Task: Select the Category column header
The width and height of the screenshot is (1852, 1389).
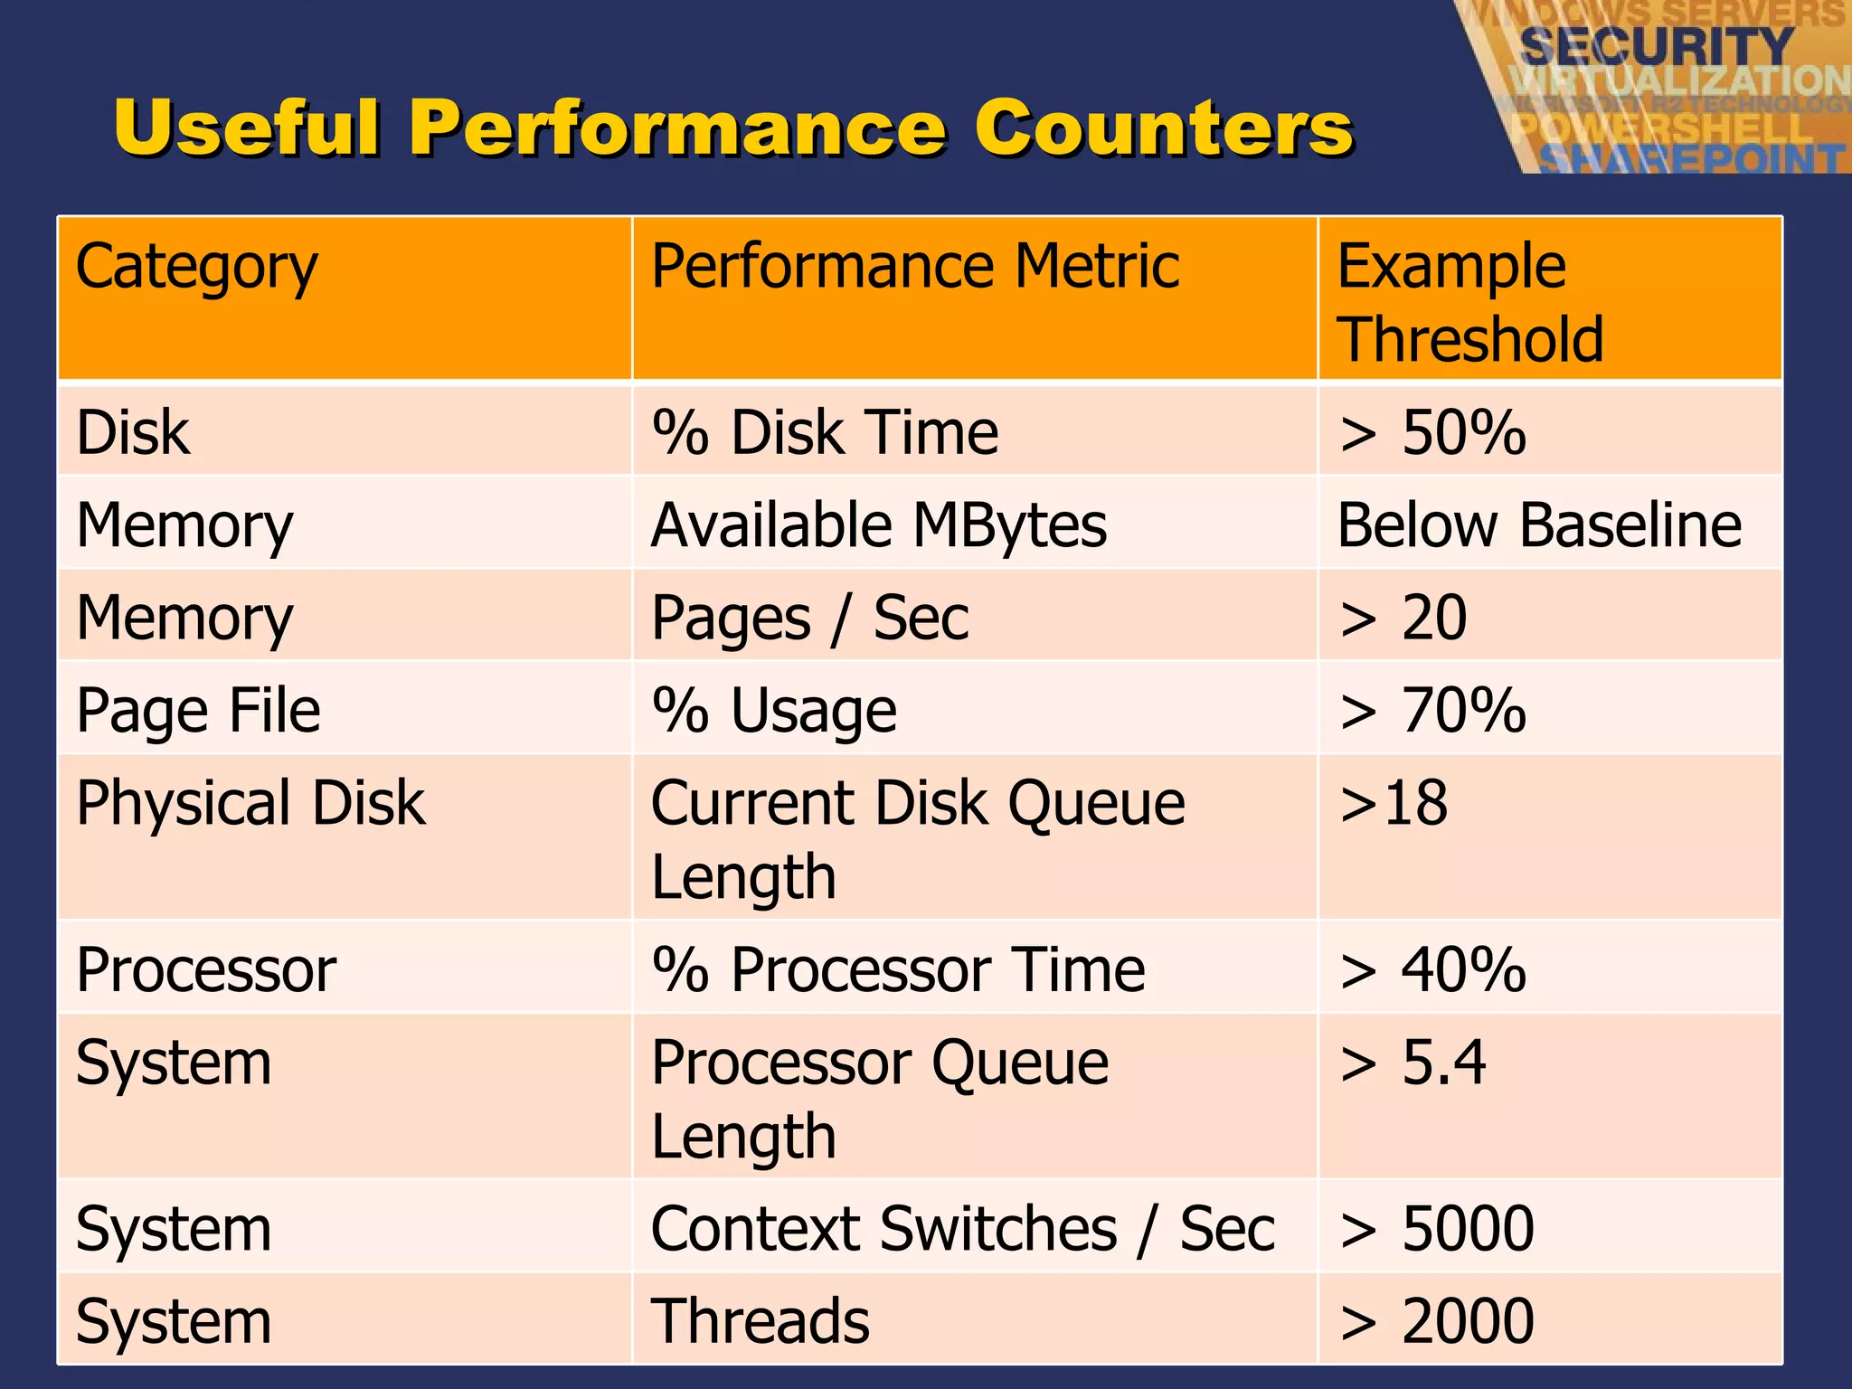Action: pyautogui.click(x=196, y=268)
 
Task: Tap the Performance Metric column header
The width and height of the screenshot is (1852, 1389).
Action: pyautogui.click(x=914, y=268)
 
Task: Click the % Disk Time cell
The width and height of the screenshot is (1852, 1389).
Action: pyautogui.click(x=825, y=432)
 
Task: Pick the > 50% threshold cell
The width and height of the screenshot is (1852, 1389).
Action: pyautogui.click(x=1432, y=432)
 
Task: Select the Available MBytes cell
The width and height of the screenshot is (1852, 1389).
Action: pyautogui.click(x=878, y=525)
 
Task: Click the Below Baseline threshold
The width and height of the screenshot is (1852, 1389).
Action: pyautogui.click(x=1539, y=525)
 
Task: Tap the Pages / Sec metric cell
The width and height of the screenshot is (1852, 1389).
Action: pyautogui.click(x=809, y=619)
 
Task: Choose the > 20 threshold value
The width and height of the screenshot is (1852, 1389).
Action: pyautogui.click(x=1403, y=619)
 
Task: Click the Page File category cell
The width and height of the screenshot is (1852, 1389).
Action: pyautogui.click(x=198, y=711)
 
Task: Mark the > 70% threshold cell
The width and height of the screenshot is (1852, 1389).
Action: pyautogui.click(x=1432, y=711)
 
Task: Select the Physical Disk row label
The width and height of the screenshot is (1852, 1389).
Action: pyautogui.click(x=250, y=803)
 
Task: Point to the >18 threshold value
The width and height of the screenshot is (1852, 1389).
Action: pyautogui.click(x=1394, y=803)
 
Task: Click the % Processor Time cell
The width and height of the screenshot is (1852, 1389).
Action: pyautogui.click(x=898, y=970)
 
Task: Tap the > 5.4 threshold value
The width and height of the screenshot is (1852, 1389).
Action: pyautogui.click(x=1413, y=1063)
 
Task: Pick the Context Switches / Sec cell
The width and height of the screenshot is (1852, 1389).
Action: pyautogui.click(x=962, y=1229)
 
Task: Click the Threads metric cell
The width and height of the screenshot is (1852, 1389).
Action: pyautogui.click(x=760, y=1321)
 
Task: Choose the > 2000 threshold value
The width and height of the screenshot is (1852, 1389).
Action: pyautogui.click(x=1436, y=1321)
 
